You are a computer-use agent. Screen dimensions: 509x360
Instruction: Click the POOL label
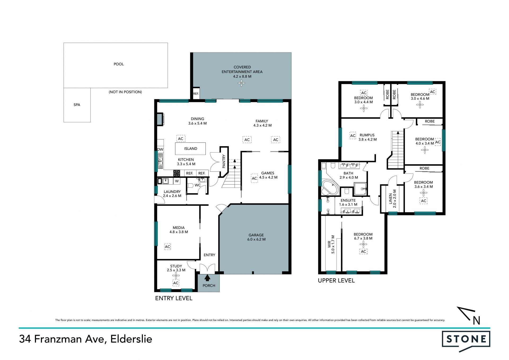point(119,64)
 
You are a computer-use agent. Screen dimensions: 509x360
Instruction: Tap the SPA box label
point(77,105)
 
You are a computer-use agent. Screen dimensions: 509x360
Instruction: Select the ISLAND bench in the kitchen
point(190,149)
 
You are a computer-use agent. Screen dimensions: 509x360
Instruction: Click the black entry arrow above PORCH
point(207,278)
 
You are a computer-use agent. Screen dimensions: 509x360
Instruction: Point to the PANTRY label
point(224,161)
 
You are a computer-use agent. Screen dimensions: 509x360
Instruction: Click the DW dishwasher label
point(160,149)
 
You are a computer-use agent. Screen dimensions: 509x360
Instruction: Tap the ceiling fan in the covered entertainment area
point(242,84)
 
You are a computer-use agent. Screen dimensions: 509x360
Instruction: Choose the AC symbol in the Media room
point(168,247)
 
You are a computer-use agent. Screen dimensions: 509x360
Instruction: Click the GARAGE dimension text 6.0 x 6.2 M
point(256,239)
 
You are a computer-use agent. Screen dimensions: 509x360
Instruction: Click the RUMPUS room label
point(367,135)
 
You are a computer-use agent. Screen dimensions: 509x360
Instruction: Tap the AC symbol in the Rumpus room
point(353,136)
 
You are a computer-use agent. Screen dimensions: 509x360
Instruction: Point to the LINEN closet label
point(390,199)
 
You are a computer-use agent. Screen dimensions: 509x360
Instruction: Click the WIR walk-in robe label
point(329,244)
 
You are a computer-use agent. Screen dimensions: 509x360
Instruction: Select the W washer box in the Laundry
point(177,181)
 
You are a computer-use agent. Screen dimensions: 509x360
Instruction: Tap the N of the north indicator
point(476,321)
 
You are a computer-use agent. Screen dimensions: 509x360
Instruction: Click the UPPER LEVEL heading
point(336,281)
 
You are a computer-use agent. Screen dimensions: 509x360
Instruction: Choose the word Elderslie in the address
point(131,339)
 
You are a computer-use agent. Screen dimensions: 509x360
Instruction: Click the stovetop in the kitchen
point(177,174)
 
